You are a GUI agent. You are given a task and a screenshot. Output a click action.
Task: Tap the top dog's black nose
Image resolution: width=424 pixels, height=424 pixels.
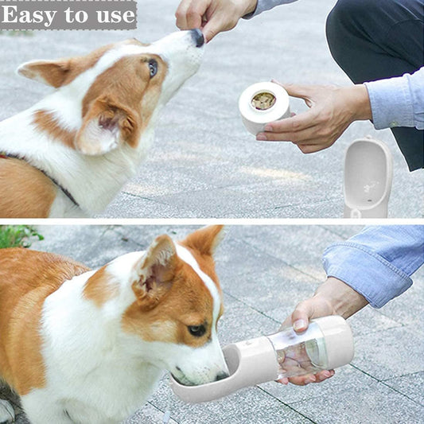[198, 37]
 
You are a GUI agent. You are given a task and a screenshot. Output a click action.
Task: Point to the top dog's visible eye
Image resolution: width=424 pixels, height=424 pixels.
[153, 68]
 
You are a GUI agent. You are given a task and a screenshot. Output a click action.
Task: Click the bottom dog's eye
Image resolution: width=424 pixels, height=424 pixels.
[197, 329]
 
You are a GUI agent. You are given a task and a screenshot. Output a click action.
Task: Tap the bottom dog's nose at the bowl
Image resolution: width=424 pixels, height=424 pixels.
[222, 375]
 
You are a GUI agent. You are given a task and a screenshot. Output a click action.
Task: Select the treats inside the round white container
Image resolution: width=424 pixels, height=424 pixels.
[263, 101]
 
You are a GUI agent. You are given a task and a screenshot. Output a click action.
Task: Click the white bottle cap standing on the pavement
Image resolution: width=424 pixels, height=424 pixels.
[368, 177]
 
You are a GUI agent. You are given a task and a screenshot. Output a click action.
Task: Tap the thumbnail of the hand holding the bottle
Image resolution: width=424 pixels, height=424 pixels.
[300, 325]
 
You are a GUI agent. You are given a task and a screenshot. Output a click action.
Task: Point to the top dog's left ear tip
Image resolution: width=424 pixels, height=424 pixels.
[20, 70]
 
